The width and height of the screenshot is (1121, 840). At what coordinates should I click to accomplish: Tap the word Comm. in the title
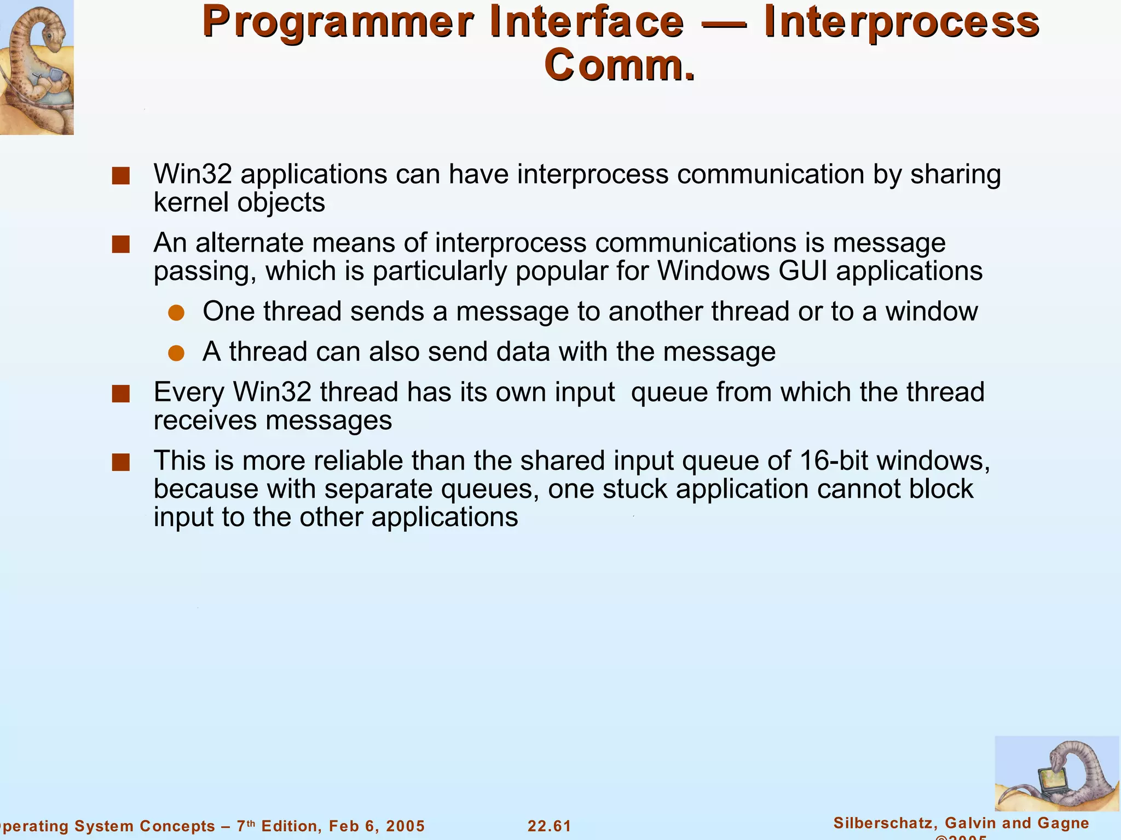[x=620, y=66]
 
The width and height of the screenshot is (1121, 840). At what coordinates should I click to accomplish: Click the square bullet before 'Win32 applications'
[x=120, y=176]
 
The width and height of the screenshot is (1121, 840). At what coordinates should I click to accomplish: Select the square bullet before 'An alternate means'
[x=120, y=244]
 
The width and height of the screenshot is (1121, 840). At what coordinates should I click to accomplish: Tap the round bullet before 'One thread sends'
[x=176, y=313]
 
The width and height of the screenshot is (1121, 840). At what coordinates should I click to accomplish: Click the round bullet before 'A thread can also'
[x=176, y=353]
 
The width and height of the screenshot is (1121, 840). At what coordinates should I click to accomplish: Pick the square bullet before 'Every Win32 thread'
[x=120, y=394]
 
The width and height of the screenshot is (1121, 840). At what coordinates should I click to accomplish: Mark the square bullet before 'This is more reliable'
[x=120, y=462]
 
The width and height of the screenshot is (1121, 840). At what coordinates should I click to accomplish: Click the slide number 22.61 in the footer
[x=549, y=826]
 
